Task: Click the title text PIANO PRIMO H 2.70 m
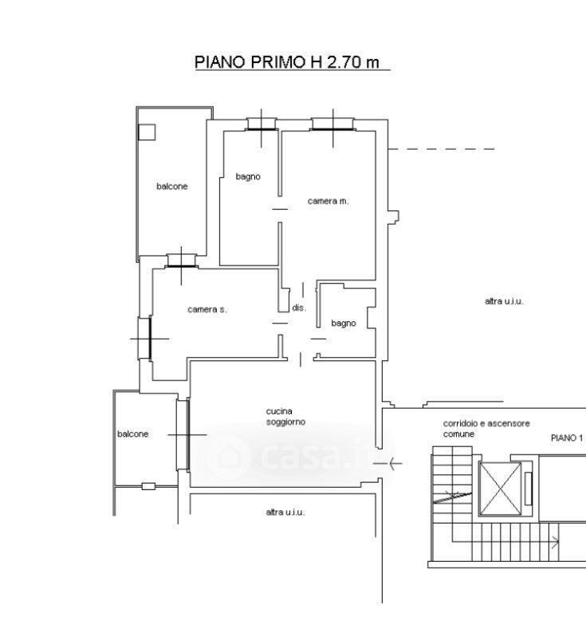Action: (x=287, y=62)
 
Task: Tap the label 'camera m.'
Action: (x=328, y=201)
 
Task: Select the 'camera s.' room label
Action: (x=207, y=309)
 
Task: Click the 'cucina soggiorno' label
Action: (x=285, y=416)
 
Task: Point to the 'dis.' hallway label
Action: (x=299, y=308)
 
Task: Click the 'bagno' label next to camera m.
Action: (x=248, y=177)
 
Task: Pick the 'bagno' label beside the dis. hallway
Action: (x=343, y=324)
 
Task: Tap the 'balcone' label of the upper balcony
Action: (x=171, y=186)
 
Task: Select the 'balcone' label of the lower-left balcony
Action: (x=132, y=434)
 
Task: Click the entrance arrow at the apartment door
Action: (x=387, y=464)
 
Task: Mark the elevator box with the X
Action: (x=500, y=489)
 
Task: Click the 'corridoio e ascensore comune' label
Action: (x=486, y=429)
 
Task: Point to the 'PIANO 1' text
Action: (x=567, y=438)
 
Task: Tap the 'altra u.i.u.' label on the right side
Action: (x=504, y=301)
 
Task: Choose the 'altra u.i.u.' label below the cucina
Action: (x=285, y=512)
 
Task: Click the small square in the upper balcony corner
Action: (x=147, y=132)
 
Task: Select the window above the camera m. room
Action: (x=332, y=124)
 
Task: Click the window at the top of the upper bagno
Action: (x=262, y=124)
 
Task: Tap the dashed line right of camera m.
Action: (x=441, y=149)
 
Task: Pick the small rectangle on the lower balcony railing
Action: (x=148, y=486)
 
